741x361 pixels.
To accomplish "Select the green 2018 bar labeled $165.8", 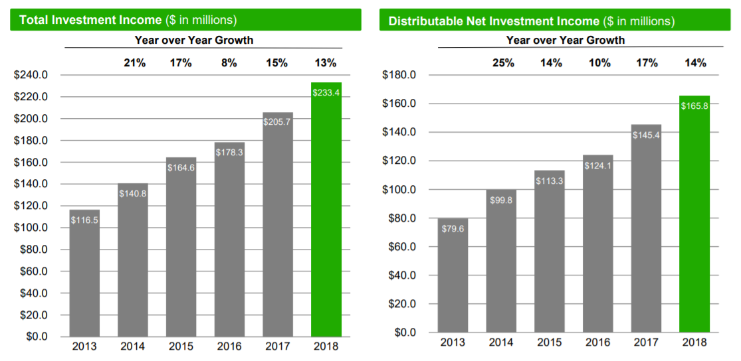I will coord(694,219).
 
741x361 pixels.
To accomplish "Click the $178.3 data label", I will coord(229,153).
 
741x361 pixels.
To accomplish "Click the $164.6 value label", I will coord(181,168).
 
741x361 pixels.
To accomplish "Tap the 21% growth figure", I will coord(132,63).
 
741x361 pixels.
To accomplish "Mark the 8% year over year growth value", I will coord(229,63).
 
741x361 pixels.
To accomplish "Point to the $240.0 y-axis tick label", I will coord(31,75).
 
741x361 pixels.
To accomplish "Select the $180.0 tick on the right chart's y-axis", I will coord(399,75).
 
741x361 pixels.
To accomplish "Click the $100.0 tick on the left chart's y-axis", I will coord(31,228).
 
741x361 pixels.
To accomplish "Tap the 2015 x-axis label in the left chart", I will coord(181,346).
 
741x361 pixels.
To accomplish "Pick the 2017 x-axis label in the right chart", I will coord(646,342).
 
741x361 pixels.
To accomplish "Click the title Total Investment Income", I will coord(90,20).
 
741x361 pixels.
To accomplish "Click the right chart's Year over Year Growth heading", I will coord(565,40).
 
